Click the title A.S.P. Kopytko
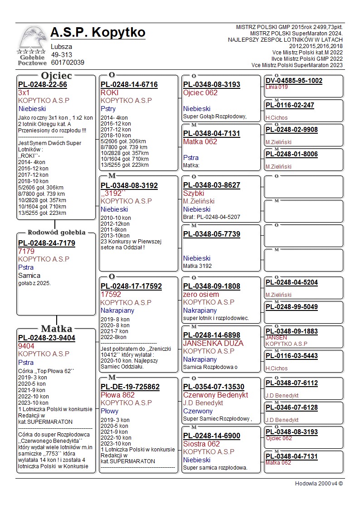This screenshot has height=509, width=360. [x=98, y=33]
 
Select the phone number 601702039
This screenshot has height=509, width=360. [x=68, y=63]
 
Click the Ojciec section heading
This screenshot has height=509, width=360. [x=56, y=76]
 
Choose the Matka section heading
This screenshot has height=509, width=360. [x=56, y=329]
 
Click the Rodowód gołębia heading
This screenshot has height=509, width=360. [x=57, y=233]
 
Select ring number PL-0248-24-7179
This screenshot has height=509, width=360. [x=47, y=243]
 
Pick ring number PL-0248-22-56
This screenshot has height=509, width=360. [x=43, y=85]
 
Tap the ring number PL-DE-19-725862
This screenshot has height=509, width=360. [x=130, y=387]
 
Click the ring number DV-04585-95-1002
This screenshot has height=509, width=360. [x=294, y=81]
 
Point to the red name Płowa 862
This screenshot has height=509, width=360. [x=118, y=395]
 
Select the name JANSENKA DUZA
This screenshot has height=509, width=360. [x=213, y=343]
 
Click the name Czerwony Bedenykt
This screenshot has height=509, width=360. [x=215, y=395]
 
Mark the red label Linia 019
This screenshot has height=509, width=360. [x=277, y=87]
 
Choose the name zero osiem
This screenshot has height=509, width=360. [x=201, y=295]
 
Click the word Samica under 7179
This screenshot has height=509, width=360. [x=29, y=276]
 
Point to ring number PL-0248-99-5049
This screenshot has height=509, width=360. [x=292, y=307]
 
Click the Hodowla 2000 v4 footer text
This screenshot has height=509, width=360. [x=319, y=484]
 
